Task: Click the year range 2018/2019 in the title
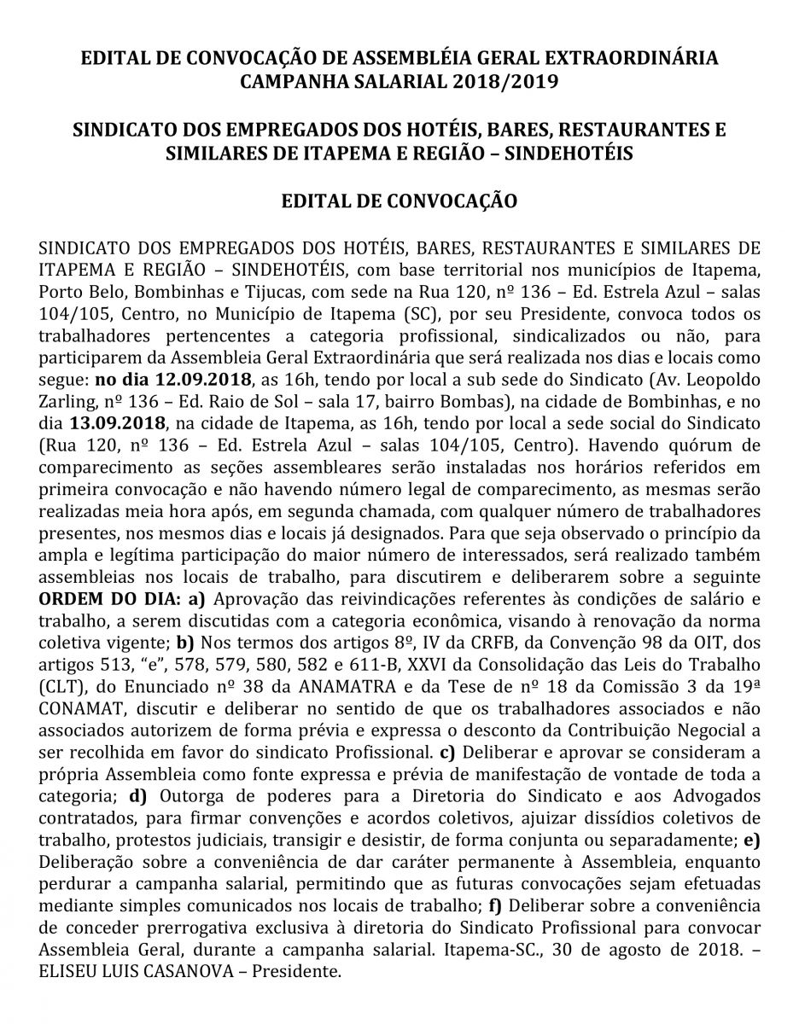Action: pos(506,82)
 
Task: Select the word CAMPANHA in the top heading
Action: pos(295,82)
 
